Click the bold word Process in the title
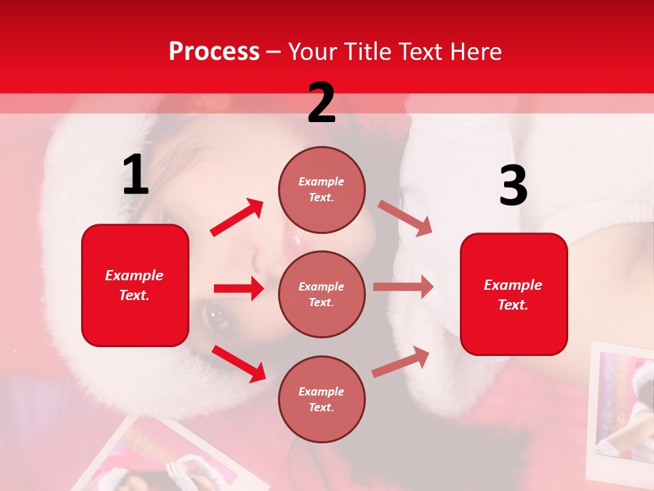(214, 51)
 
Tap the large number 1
(136, 175)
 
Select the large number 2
(322, 103)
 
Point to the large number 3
(513, 186)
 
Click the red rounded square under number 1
(135, 285)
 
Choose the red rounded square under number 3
(514, 294)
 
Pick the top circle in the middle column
(322, 190)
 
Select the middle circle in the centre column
(322, 294)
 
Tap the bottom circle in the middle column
(322, 399)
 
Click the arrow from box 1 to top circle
(237, 218)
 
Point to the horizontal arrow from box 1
(238, 288)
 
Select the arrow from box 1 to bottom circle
(238, 363)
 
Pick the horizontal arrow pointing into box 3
(403, 287)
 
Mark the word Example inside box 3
(513, 285)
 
